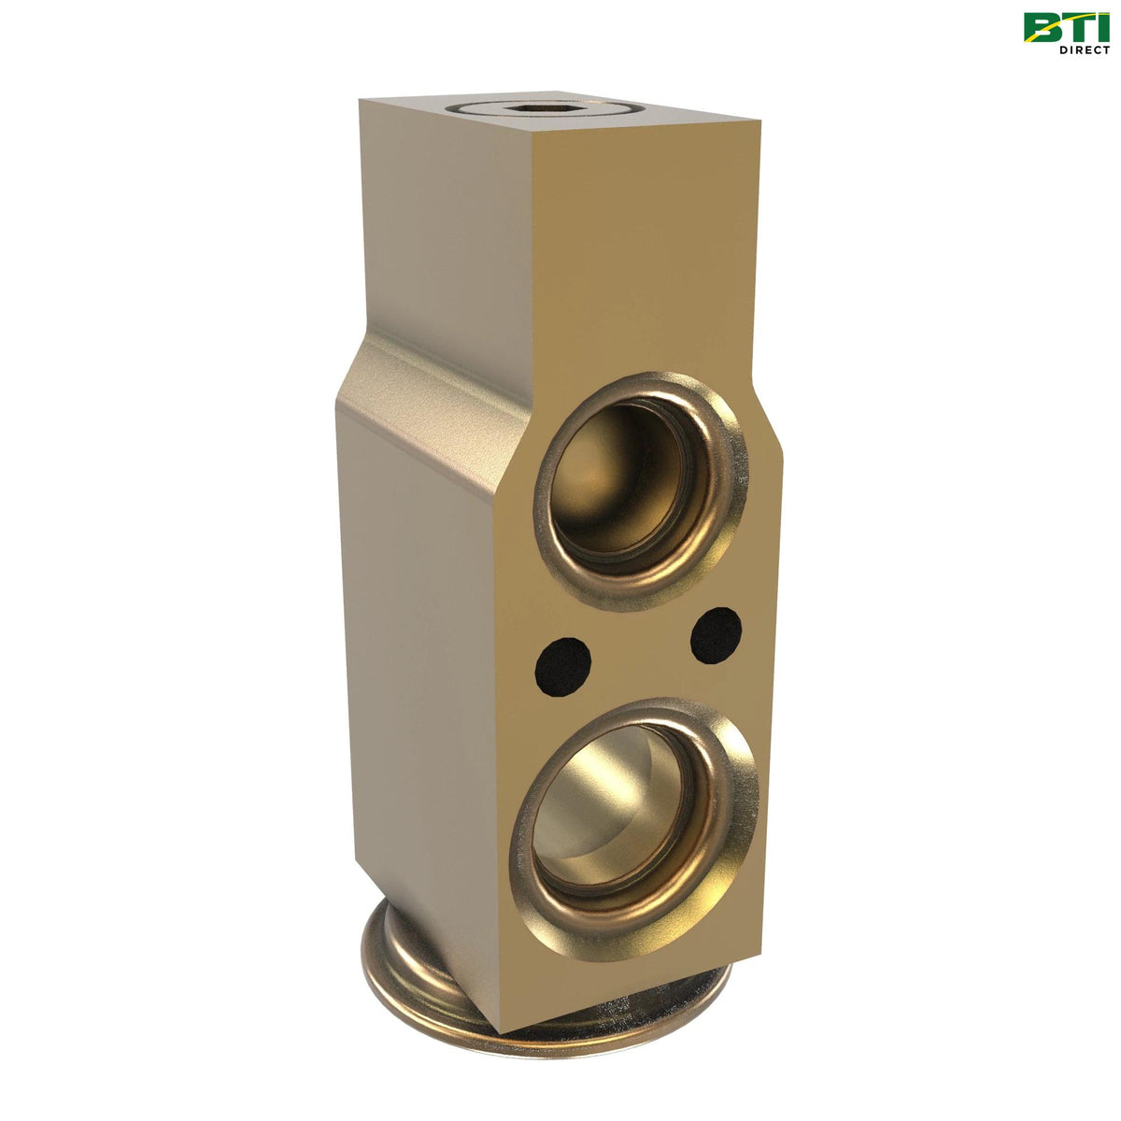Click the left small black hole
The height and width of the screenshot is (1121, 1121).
[562, 666]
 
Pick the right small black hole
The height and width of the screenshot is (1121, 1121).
[717, 634]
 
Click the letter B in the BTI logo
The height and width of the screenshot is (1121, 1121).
[1043, 27]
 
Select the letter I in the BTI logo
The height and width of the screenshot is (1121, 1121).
[1102, 27]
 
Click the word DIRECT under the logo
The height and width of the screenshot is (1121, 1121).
[1085, 50]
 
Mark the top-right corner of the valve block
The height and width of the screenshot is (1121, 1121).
[759, 122]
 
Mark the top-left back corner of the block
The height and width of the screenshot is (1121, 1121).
[361, 99]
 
